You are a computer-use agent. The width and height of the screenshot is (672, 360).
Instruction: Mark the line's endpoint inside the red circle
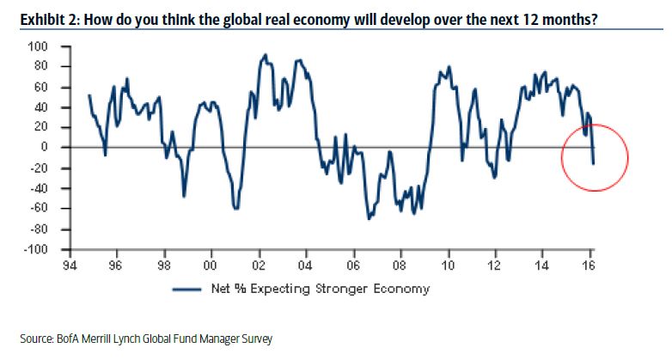coord(594,163)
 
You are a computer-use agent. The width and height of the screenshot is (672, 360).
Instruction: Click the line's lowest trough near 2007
coord(369,219)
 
